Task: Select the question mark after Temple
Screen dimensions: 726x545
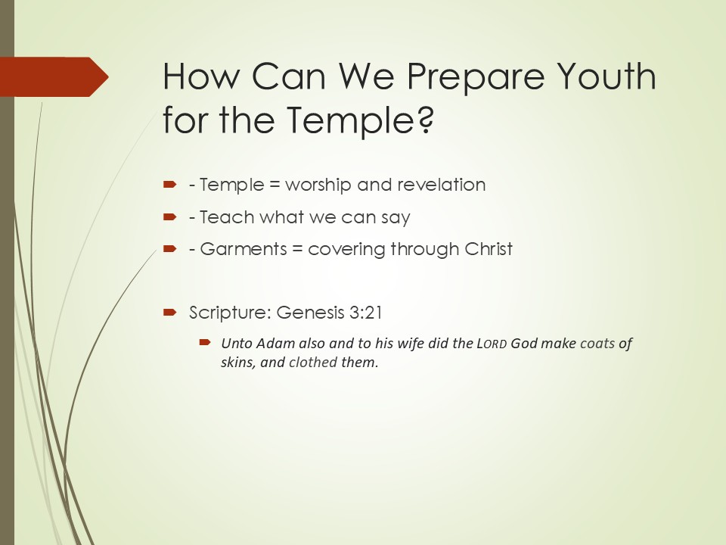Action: click(427, 119)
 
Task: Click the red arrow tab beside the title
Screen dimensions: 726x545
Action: click(54, 77)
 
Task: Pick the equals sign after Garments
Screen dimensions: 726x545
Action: click(297, 249)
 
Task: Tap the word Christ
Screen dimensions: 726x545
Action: click(489, 249)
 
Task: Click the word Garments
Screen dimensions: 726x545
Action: click(244, 249)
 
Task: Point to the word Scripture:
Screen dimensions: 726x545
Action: click(230, 313)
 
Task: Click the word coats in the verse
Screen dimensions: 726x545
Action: click(597, 344)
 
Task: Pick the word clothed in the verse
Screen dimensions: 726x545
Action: click(312, 362)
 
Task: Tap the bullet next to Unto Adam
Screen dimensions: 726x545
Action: click(205, 342)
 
